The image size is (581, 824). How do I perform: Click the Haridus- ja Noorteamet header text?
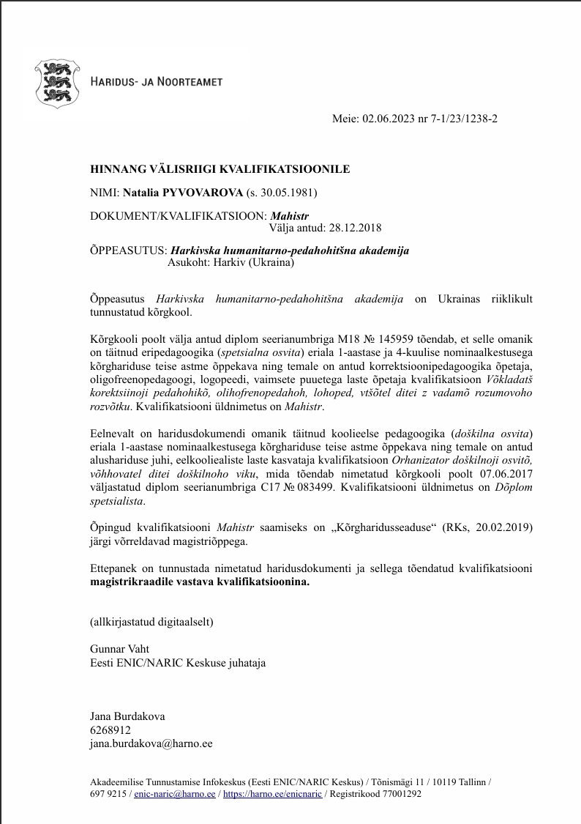pyautogui.click(x=156, y=83)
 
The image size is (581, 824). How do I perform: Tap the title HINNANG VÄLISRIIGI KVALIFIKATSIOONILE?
pyautogui.click(x=220, y=169)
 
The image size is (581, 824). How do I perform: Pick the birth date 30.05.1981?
pyautogui.click(x=290, y=193)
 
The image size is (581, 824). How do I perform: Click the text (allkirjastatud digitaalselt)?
pyautogui.click(x=151, y=622)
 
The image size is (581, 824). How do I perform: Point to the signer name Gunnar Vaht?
pyautogui.click(x=119, y=650)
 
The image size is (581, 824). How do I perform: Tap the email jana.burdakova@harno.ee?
pyautogui.click(x=151, y=743)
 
